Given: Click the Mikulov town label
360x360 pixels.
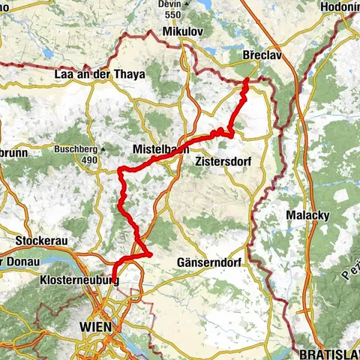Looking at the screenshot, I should (x=181, y=32).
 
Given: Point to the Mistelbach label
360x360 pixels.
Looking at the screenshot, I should (x=160, y=148).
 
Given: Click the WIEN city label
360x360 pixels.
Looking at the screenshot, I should (x=95, y=326).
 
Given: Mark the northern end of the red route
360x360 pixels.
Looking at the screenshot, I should (x=247, y=80).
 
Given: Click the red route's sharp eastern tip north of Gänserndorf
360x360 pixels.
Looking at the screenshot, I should (x=151, y=255).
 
